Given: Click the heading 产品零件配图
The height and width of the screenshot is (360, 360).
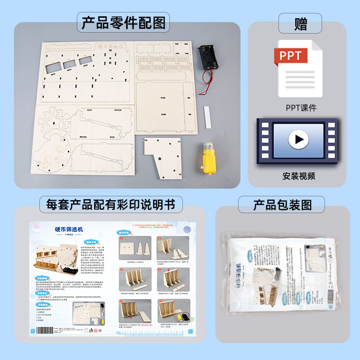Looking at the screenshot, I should pyautogui.click(x=123, y=23).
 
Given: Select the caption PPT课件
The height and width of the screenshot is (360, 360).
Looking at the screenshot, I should pyautogui.click(x=301, y=108).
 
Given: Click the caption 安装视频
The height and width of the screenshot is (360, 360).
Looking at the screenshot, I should pyautogui.click(x=299, y=176).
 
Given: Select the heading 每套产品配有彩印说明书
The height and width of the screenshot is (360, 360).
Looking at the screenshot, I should pyautogui.click(x=111, y=205).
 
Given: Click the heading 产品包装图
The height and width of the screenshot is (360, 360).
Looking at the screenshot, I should pyautogui.click(x=282, y=205).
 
